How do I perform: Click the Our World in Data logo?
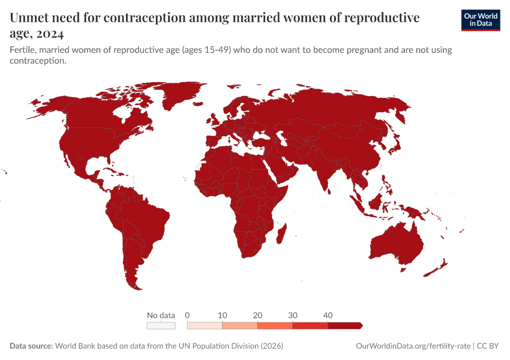click(480, 20)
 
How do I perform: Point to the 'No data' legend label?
click(161, 315)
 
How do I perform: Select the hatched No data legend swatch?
click(161, 326)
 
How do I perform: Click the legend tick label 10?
click(223, 315)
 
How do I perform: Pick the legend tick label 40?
click(328, 315)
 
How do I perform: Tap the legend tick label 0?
click(188, 315)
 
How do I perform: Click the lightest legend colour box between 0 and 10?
click(205, 326)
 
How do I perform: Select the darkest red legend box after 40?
click(345, 326)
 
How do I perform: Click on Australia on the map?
click(397, 243)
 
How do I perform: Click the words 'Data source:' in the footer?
click(31, 346)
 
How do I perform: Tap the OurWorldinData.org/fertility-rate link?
click(413, 346)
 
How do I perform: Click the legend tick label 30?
click(293, 315)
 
